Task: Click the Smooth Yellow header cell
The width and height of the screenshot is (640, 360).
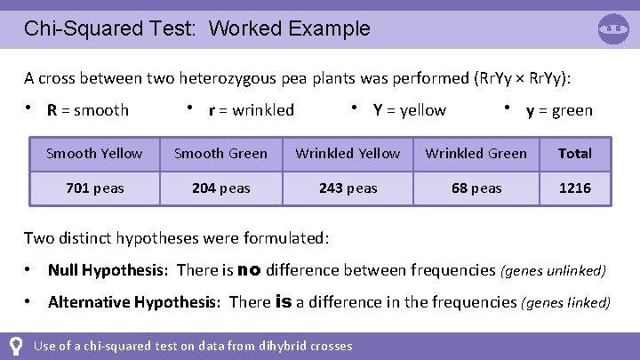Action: click(x=94, y=154)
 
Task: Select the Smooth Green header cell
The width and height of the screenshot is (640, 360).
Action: click(x=220, y=154)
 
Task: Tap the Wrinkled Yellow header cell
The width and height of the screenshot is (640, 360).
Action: click(x=348, y=154)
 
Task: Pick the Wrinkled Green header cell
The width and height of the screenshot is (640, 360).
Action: click(x=476, y=154)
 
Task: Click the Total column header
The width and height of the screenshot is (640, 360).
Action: click(x=574, y=154)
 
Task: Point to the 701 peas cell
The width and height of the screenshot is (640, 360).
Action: click(x=94, y=188)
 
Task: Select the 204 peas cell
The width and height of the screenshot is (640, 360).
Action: click(x=220, y=188)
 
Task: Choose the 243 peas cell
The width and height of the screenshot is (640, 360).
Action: click(x=348, y=188)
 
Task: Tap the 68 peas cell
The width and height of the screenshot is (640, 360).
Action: click(x=476, y=188)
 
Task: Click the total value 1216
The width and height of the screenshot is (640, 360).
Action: click(x=574, y=188)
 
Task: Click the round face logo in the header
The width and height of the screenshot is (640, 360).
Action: click(x=613, y=29)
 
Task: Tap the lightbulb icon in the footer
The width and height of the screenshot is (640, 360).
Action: click(x=15, y=346)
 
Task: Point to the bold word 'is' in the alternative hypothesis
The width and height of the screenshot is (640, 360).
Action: click(x=284, y=301)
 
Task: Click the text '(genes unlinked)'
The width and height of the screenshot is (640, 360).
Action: click(x=555, y=270)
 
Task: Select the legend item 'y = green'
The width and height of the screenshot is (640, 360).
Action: click(x=558, y=110)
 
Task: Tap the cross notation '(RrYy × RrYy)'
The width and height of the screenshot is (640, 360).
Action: click(x=515, y=77)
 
